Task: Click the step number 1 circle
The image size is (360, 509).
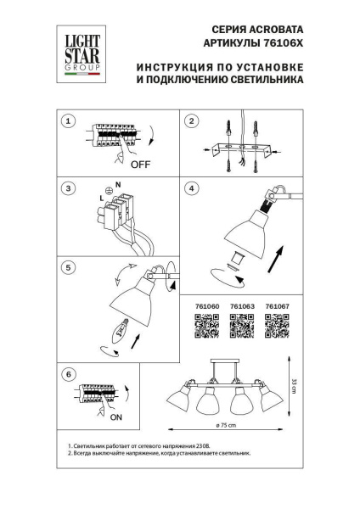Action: [70, 122]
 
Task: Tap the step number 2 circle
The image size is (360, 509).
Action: [193, 122]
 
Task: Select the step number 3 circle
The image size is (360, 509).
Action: [70, 189]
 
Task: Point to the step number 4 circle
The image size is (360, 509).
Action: [193, 188]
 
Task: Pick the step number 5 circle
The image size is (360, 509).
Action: [70, 266]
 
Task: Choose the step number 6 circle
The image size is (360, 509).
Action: [70, 374]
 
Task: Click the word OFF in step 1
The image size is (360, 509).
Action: [140, 165]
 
